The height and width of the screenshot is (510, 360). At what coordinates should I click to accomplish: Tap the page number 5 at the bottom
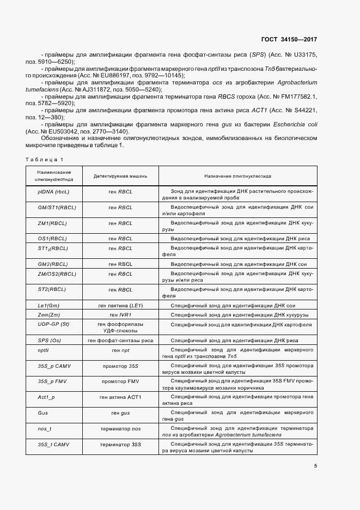(x=316, y=466)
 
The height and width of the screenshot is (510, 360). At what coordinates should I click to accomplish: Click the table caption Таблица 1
(x=44, y=159)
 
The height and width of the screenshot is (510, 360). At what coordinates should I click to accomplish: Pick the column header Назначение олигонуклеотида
(x=238, y=177)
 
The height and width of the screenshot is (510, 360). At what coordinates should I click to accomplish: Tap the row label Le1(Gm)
(x=45, y=305)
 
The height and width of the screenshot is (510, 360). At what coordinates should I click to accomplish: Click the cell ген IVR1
(x=121, y=315)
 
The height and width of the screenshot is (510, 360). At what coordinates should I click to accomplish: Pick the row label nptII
(x=44, y=350)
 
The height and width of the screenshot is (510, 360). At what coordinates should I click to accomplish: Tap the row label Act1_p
(x=46, y=398)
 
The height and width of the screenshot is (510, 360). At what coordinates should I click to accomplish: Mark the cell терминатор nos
(x=121, y=429)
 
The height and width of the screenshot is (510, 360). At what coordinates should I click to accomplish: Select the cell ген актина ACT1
(x=121, y=398)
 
